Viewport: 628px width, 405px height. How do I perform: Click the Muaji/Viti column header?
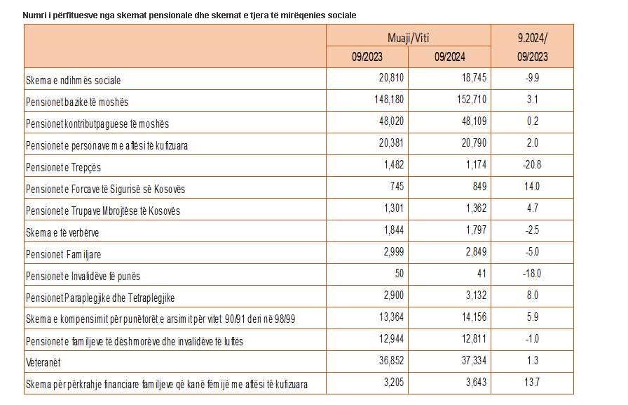coord(408,38)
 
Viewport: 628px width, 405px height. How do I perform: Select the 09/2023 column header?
coord(367,57)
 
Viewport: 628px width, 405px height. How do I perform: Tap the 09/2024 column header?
coord(449,57)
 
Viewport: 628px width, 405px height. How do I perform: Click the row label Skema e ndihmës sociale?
coord(74,80)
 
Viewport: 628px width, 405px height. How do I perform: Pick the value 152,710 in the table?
coord(472,99)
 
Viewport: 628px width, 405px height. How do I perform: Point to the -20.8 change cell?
coord(532,164)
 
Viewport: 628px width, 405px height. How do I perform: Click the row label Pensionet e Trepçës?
coord(63,167)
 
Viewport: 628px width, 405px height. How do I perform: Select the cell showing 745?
coord(397,186)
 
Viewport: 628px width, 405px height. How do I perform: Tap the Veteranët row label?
coord(43,362)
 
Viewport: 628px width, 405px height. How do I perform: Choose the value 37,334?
coord(474,360)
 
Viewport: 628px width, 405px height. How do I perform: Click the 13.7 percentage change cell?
coord(532,382)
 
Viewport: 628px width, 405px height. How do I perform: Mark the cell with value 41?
coord(482,273)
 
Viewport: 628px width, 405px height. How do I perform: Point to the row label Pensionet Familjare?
coord(63,254)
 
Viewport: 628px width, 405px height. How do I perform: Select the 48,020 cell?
coord(391,121)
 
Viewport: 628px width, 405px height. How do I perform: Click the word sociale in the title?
coord(341,15)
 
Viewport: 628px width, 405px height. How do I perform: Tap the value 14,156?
coord(474,317)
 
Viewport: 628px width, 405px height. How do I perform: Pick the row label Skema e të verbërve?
coord(62,232)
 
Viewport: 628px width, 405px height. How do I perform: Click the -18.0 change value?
coord(532,273)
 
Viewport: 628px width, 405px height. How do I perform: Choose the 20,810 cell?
coord(391,77)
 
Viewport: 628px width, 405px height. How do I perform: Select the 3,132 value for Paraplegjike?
coord(476,295)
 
